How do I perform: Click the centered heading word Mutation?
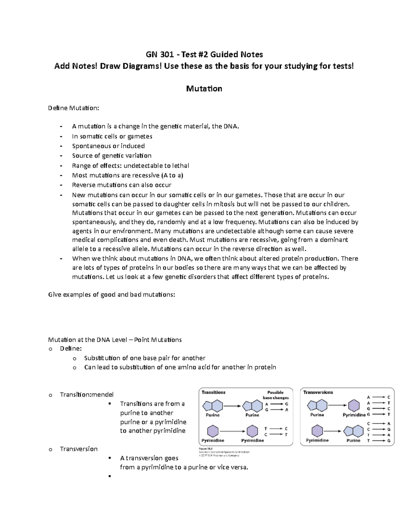pyautogui.click(x=204, y=89)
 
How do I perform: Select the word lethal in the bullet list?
pyautogui.click(x=181, y=166)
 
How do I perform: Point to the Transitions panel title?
pyautogui.click(x=213, y=392)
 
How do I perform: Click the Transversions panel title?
pyautogui.click(x=318, y=392)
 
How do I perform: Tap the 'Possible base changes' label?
pyautogui.click(x=275, y=395)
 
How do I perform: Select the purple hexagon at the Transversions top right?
pyautogui.click(x=354, y=406)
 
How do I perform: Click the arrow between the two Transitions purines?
pyautogui.click(x=232, y=406)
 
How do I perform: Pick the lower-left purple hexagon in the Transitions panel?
pyautogui.click(x=213, y=431)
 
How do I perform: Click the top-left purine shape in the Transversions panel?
pyautogui.click(x=317, y=406)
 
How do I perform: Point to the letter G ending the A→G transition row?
pyautogui.click(x=287, y=404)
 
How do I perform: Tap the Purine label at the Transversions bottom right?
pyautogui.click(x=353, y=440)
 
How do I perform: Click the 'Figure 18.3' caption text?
pyautogui.click(x=206, y=449)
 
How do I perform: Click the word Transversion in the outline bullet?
pyautogui.click(x=79, y=449)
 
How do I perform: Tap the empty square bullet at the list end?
pyautogui.click(x=109, y=476)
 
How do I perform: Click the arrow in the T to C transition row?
pyautogui.click(x=276, y=429)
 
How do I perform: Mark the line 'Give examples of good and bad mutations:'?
pyautogui.click(x=112, y=295)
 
